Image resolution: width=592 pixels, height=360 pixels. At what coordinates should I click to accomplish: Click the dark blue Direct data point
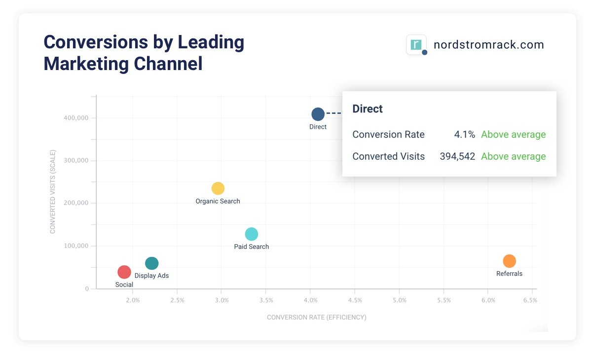point(318,114)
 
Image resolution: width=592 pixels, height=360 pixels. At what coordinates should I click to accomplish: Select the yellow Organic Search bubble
point(218,188)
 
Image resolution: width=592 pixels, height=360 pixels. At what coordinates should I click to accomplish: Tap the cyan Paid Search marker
point(252,234)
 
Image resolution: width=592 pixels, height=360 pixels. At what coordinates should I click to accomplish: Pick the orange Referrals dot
point(509,261)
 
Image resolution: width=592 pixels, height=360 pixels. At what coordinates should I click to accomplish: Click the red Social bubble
point(124,272)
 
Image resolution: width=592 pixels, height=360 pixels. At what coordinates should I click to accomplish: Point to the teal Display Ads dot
point(152,264)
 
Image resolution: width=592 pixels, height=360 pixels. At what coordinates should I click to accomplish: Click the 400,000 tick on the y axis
point(76,118)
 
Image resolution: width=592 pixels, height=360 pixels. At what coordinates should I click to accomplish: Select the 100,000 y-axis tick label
point(76,246)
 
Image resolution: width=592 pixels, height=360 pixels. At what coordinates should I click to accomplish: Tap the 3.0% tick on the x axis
point(222,300)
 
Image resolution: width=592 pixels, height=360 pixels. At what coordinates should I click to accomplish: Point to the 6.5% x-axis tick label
point(530,300)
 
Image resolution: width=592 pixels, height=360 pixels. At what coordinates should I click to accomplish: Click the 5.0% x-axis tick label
point(399,300)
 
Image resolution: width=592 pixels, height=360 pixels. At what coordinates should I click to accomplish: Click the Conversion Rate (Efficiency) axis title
point(317,318)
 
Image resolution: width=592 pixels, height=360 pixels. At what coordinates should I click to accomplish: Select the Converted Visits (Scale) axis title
point(52,191)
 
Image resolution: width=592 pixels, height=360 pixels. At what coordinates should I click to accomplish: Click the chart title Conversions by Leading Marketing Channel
point(144,53)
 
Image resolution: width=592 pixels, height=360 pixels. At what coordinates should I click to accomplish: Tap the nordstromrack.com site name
point(488,45)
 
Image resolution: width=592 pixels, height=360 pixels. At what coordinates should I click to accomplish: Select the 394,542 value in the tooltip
point(457,156)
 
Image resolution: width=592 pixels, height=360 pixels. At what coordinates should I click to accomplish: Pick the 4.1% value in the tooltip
point(464,135)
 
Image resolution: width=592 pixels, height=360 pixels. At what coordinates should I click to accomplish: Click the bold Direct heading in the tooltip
point(368,109)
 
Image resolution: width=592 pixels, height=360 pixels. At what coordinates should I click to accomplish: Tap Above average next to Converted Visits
point(513,156)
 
